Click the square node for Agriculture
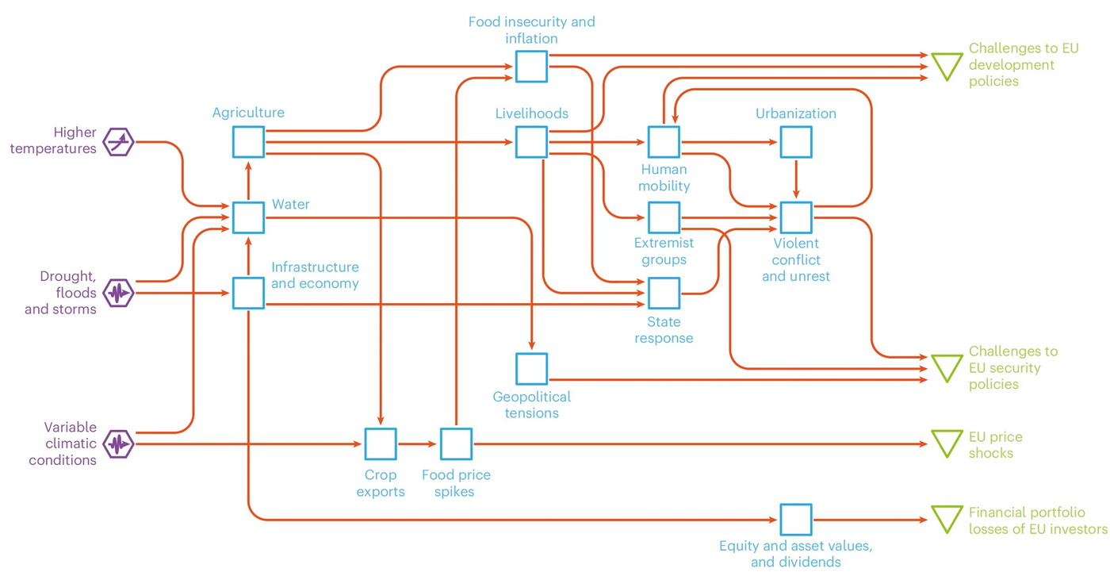tap(248, 142)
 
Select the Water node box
tap(248, 217)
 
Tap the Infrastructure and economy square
tap(248, 293)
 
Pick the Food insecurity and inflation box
tap(531, 67)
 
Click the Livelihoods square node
tap(531, 142)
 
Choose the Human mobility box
tap(664, 142)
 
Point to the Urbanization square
tap(796, 142)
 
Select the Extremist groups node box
tap(664, 217)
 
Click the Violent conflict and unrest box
tap(796, 217)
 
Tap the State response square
tap(664, 293)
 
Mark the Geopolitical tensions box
tap(531, 369)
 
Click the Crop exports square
tap(381, 444)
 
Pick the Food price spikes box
tap(456, 444)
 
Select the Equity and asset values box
tap(796, 520)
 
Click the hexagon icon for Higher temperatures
tap(119, 142)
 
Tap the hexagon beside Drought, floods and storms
tap(119, 294)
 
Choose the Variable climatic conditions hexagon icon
tap(119, 444)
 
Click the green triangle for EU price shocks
tap(946, 443)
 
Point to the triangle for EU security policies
tap(946, 367)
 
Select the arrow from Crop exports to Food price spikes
tap(418, 444)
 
